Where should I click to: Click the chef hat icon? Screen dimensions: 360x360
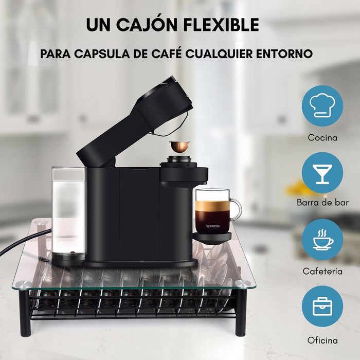322,106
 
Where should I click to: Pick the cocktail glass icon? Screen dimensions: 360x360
322,173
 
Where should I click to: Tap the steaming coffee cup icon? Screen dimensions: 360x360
322,240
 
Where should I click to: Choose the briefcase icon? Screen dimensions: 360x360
322,307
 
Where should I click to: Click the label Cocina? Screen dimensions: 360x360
322,138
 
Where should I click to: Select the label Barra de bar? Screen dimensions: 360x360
322,203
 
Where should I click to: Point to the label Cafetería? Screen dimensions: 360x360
322,272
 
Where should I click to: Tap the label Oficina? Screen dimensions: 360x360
322,340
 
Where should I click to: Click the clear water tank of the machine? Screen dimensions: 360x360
68,211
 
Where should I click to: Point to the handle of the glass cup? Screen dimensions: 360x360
236,209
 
